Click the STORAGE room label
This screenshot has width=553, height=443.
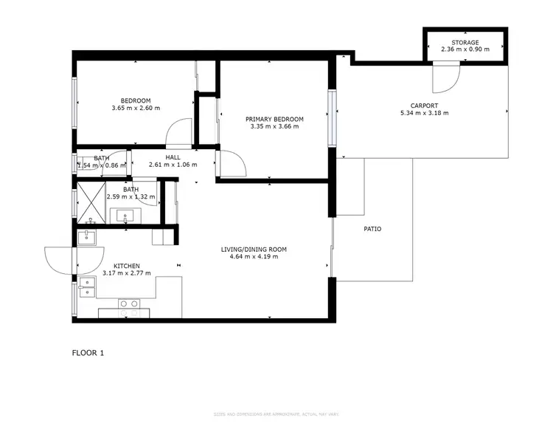click(465, 43)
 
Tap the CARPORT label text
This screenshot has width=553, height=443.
click(424, 106)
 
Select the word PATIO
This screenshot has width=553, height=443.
click(372, 229)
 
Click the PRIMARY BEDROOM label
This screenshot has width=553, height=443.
click(274, 119)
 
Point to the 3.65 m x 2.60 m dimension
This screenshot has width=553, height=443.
click(136, 109)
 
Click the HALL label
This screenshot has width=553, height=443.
click(173, 157)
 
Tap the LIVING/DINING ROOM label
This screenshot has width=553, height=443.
click(254, 250)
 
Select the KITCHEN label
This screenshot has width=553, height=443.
click(127, 266)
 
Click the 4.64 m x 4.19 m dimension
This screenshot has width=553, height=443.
click(254, 257)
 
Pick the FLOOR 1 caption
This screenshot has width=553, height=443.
click(88, 353)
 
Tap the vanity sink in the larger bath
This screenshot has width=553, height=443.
click(126, 216)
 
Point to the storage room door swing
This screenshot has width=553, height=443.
click(446, 74)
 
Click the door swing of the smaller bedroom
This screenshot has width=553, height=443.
click(179, 134)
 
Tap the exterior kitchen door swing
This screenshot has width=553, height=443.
click(59, 259)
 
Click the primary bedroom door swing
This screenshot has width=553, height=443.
click(230, 164)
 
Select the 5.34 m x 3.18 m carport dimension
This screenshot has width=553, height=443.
click(424, 113)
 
